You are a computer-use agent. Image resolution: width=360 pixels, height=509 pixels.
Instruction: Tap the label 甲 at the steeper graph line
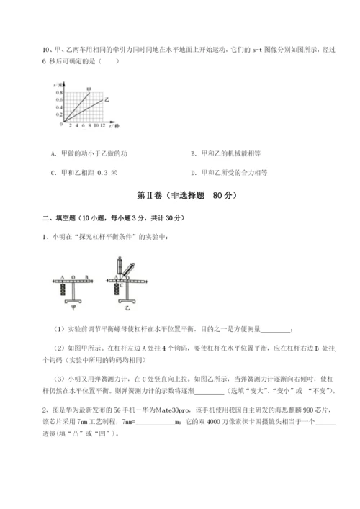[89, 89]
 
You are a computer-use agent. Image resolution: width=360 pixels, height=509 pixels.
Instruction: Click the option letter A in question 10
[54, 153]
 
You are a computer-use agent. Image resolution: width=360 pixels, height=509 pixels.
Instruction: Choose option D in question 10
[193, 172]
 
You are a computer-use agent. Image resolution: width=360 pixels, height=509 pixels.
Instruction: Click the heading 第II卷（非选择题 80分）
[180, 195]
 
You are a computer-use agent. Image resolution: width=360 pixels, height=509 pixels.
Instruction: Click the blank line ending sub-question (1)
[278, 330]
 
